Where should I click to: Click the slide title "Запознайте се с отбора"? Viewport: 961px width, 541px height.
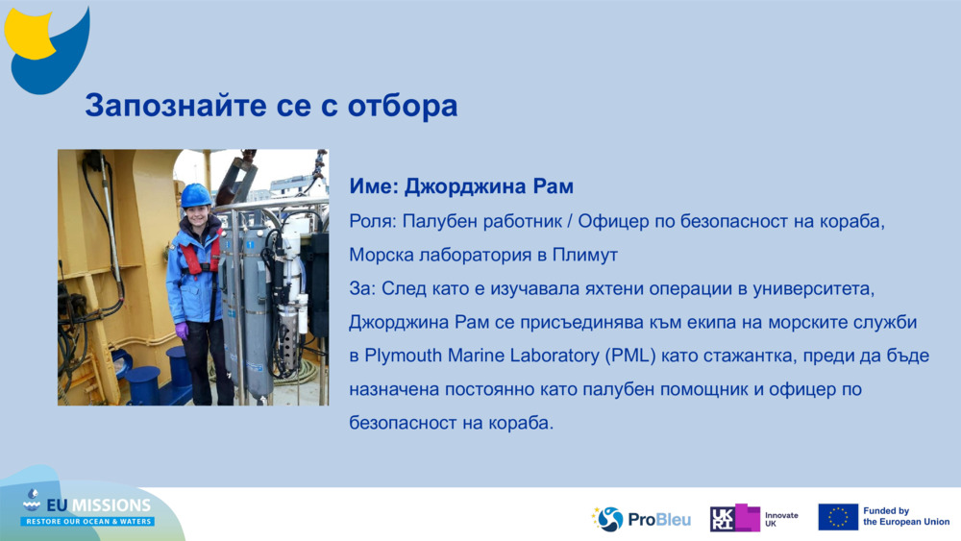point(271,106)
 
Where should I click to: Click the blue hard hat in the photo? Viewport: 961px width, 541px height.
point(196,195)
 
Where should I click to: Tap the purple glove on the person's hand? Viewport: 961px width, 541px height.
point(182,330)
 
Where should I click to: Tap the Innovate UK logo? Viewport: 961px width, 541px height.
point(754,519)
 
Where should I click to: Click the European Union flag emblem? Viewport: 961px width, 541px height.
point(838,517)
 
